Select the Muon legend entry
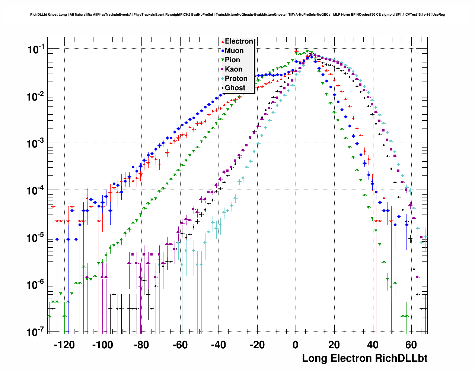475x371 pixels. click(234, 51)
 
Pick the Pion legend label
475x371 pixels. click(232, 60)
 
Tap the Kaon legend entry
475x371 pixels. click(233, 69)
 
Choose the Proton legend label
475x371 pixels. click(236, 79)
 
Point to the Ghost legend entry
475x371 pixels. click(235, 88)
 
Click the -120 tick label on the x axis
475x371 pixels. click(64, 345)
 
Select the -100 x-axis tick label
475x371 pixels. click(102, 345)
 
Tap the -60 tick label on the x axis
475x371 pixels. click(180, 345)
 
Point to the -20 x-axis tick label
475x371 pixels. click(257, 345)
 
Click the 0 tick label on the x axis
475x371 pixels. click(296, 345)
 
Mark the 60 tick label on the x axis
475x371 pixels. click(411, 345)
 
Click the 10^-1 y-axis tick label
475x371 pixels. click(36, 49)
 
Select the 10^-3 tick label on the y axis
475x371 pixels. click(36, 143)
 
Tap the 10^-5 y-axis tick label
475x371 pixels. click(36, 238)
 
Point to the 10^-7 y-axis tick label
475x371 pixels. click(36, 332)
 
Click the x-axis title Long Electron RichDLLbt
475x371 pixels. click(364, 358)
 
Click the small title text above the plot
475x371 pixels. click(238, 15)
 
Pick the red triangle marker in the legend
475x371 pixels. click(223, 42)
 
